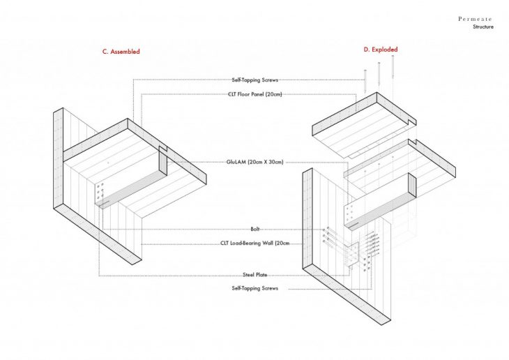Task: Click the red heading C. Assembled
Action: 121,52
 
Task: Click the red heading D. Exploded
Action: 381,50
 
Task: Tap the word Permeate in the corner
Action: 475,19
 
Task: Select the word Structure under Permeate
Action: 483,27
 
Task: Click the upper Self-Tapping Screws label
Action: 254,80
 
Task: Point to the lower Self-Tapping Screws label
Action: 254,288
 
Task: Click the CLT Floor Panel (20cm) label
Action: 254,94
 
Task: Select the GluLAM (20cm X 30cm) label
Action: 254,162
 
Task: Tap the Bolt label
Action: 254,229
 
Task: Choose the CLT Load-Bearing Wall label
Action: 254,243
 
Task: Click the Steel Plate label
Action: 254,275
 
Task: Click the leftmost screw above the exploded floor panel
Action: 365,80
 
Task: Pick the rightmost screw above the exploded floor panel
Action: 393,66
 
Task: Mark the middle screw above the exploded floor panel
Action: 379,73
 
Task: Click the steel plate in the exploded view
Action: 351,255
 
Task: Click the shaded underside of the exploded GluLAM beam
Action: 381,211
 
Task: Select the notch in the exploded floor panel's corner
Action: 412,122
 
